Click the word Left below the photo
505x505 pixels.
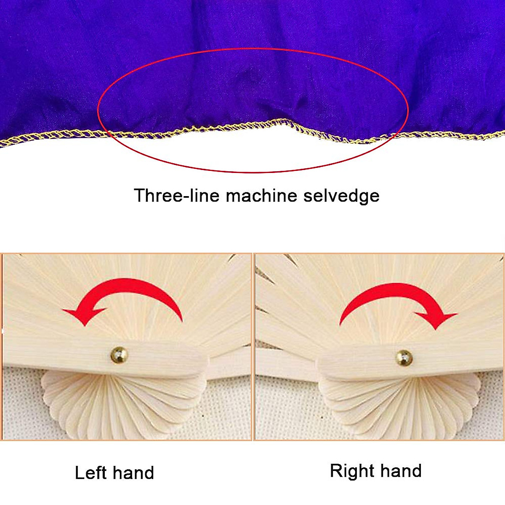pos(90,473)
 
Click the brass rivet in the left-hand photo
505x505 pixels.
pos(119,355)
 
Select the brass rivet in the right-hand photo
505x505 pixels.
pos(404,358)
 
